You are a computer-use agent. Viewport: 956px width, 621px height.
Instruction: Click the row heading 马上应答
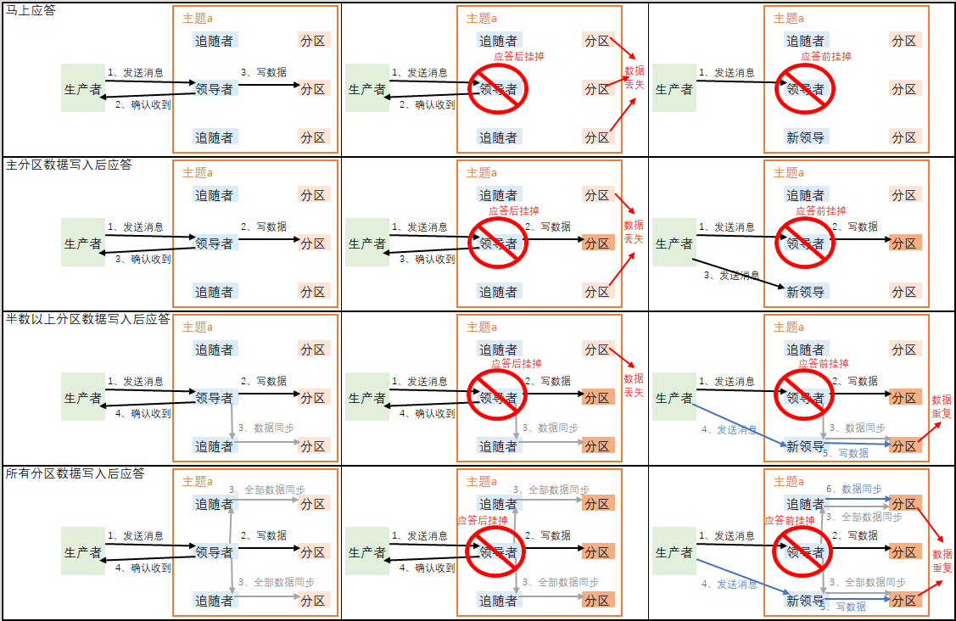point(31,11)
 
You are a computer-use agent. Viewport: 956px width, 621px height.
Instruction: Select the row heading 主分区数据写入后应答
point(69,165)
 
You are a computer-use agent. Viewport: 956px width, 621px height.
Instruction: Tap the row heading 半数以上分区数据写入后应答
point(88,320)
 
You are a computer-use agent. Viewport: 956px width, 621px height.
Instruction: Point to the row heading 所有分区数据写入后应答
point(75,473)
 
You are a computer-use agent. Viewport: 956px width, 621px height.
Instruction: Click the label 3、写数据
point(264,73)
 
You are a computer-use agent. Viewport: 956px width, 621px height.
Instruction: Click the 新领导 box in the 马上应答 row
point(805,137)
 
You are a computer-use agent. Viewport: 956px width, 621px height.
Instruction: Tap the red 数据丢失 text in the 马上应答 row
point(634,77)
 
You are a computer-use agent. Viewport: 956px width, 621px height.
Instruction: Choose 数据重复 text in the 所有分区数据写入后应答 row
point(942,561)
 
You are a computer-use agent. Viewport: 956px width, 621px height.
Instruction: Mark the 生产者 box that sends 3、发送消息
point(674,243)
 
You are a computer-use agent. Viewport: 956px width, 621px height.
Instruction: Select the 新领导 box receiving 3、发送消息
point(805,292)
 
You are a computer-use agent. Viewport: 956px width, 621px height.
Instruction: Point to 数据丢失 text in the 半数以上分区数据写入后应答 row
point(634,385)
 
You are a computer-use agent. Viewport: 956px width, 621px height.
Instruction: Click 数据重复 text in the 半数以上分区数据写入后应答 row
point(942,406)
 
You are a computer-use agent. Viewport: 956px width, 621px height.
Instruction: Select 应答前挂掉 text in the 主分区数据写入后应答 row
point(820,211)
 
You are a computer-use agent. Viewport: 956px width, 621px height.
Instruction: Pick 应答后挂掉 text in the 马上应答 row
point(518,57)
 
